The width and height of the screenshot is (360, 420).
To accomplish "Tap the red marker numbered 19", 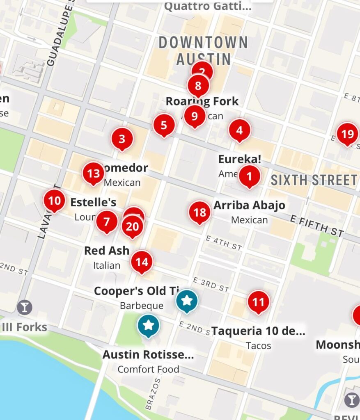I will click(347, 134).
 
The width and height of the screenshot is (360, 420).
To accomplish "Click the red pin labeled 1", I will click(250, 176).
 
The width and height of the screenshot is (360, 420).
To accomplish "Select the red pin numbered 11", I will click(258, 302).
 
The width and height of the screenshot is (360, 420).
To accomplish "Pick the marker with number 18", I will click(199, 212).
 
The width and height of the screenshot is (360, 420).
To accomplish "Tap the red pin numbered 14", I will click(142, 261).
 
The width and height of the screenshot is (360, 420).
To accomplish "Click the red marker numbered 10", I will click(55, 201).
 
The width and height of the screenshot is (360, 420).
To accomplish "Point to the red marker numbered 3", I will click(122, 138).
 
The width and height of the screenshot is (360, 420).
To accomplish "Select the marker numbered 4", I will click(239, 130).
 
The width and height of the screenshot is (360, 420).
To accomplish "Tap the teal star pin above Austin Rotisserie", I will click(149, 325).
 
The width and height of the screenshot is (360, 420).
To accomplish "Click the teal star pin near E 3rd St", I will click(187, 300).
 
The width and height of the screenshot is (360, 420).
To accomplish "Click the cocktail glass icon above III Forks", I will click(25, 307).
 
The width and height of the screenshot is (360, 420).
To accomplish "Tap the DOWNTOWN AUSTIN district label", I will click(203, 50).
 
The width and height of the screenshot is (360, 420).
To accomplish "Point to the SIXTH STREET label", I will click(314, 180).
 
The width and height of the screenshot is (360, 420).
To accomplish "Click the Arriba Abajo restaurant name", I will click(249, 205).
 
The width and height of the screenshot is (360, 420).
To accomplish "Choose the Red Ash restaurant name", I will click(107, 250).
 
